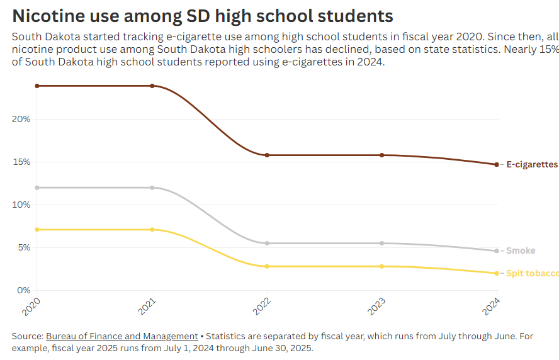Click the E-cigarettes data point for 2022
tap(267, 155)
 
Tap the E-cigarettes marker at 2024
tap(497, 164)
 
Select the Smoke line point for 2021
tap(152, 188)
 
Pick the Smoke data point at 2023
tap(381, 243)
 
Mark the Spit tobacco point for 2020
tap(37, 230)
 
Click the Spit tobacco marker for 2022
tap(267, 266)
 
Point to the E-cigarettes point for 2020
tap(37, 86)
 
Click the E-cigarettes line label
tap(532, 164)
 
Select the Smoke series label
tap(521, 250)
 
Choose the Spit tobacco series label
tap(532, 273)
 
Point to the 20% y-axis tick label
tap(21, 119)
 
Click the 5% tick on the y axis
tap(24, 247)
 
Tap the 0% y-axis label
tap(24, 290)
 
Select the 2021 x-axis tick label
tap(146, 306)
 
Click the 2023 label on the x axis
tap(375, 306)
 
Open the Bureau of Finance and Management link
tap(121, 336)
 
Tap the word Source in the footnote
tap(27, 336)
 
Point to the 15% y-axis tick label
tap(21, 162)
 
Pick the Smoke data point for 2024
tap(497, 250)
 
